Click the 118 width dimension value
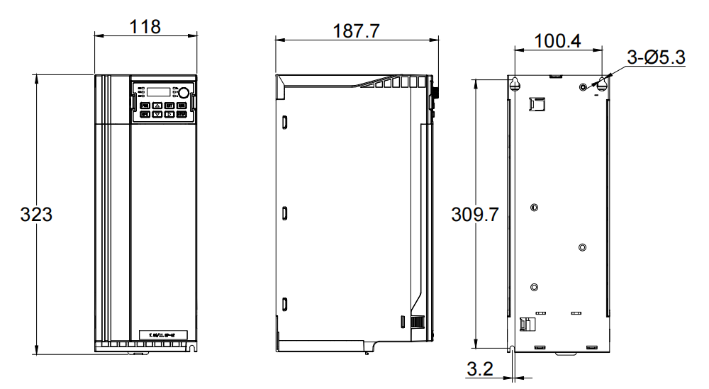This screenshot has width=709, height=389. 145,26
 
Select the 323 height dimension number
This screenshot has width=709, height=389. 35,214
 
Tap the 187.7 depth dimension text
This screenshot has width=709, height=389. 357,32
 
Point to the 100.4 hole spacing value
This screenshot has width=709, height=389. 557,41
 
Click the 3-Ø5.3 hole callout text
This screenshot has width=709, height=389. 656,58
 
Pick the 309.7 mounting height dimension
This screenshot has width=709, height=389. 475,214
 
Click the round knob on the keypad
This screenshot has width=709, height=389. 183,92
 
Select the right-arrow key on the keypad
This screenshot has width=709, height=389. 170,113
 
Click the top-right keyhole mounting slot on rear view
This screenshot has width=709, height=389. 602,84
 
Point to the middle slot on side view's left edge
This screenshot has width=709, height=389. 284,213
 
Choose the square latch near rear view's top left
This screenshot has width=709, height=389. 536,103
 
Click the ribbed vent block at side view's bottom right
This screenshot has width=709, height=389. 418,322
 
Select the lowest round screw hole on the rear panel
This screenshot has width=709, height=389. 534,287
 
